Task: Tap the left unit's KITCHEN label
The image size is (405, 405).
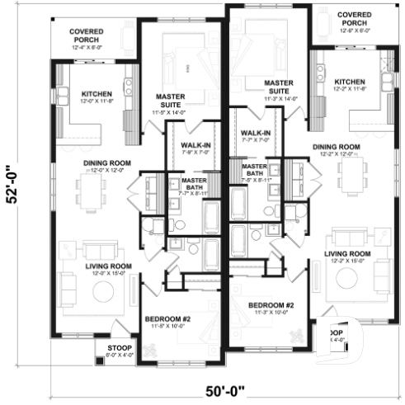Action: [x=96, y=96]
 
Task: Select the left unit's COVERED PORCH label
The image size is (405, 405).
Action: [x=86, y=35]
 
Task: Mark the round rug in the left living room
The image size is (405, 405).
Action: [x=103, y=291]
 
